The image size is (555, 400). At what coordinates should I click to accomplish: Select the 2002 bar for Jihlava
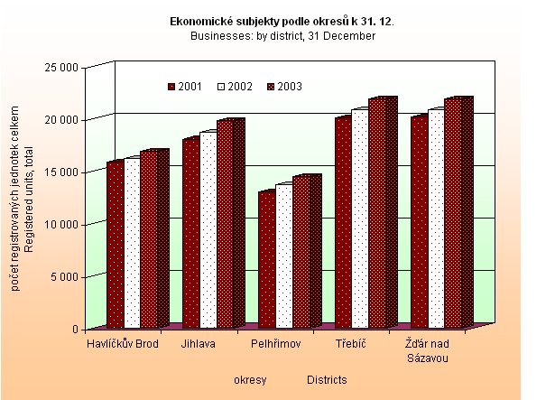[x=208, y=231]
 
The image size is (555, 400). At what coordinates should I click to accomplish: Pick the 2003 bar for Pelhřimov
[x=301, y=252]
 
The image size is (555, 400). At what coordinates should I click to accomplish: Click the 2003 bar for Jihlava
[x=225, y=225]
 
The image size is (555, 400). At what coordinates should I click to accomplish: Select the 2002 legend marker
[x=221, y=87]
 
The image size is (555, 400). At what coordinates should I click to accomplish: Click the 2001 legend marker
[x=171, y=87]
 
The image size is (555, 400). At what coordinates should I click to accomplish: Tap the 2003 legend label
[x=290, y=87]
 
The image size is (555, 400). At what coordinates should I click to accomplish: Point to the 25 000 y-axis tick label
[x=65, y=67]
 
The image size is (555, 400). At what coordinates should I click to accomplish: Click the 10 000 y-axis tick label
[x=65, y=224]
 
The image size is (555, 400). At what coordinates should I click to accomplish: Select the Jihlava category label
[x=198, y=344]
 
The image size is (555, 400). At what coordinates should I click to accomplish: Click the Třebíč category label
[x=349, y=344]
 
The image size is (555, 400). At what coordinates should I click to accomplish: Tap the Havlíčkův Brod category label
[x=123, y=344]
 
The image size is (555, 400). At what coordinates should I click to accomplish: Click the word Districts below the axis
[x=327, y=380]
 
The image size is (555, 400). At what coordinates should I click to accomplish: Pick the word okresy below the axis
[x=250, y=380]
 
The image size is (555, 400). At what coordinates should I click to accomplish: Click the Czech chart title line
[x=282, y=19]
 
